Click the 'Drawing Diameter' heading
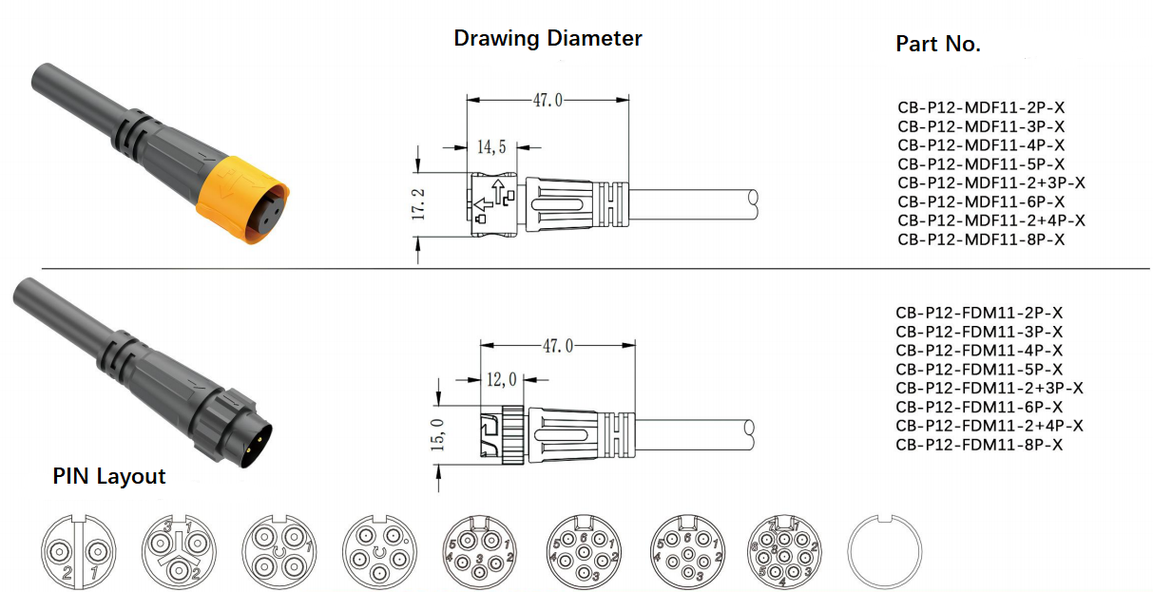[x=548, y=39]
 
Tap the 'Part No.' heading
[x=938, y=44]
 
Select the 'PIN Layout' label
[x=109, y=476]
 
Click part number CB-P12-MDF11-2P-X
[x=981, y=107]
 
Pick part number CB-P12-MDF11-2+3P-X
[x=991, y=182]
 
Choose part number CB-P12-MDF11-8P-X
[x=981, y=239]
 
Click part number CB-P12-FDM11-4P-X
[x=979, y=351]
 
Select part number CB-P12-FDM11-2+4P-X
[x=990, y=426]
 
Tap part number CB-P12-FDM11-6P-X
[x=979, y=408]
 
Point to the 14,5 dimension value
[x=491, y=147]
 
